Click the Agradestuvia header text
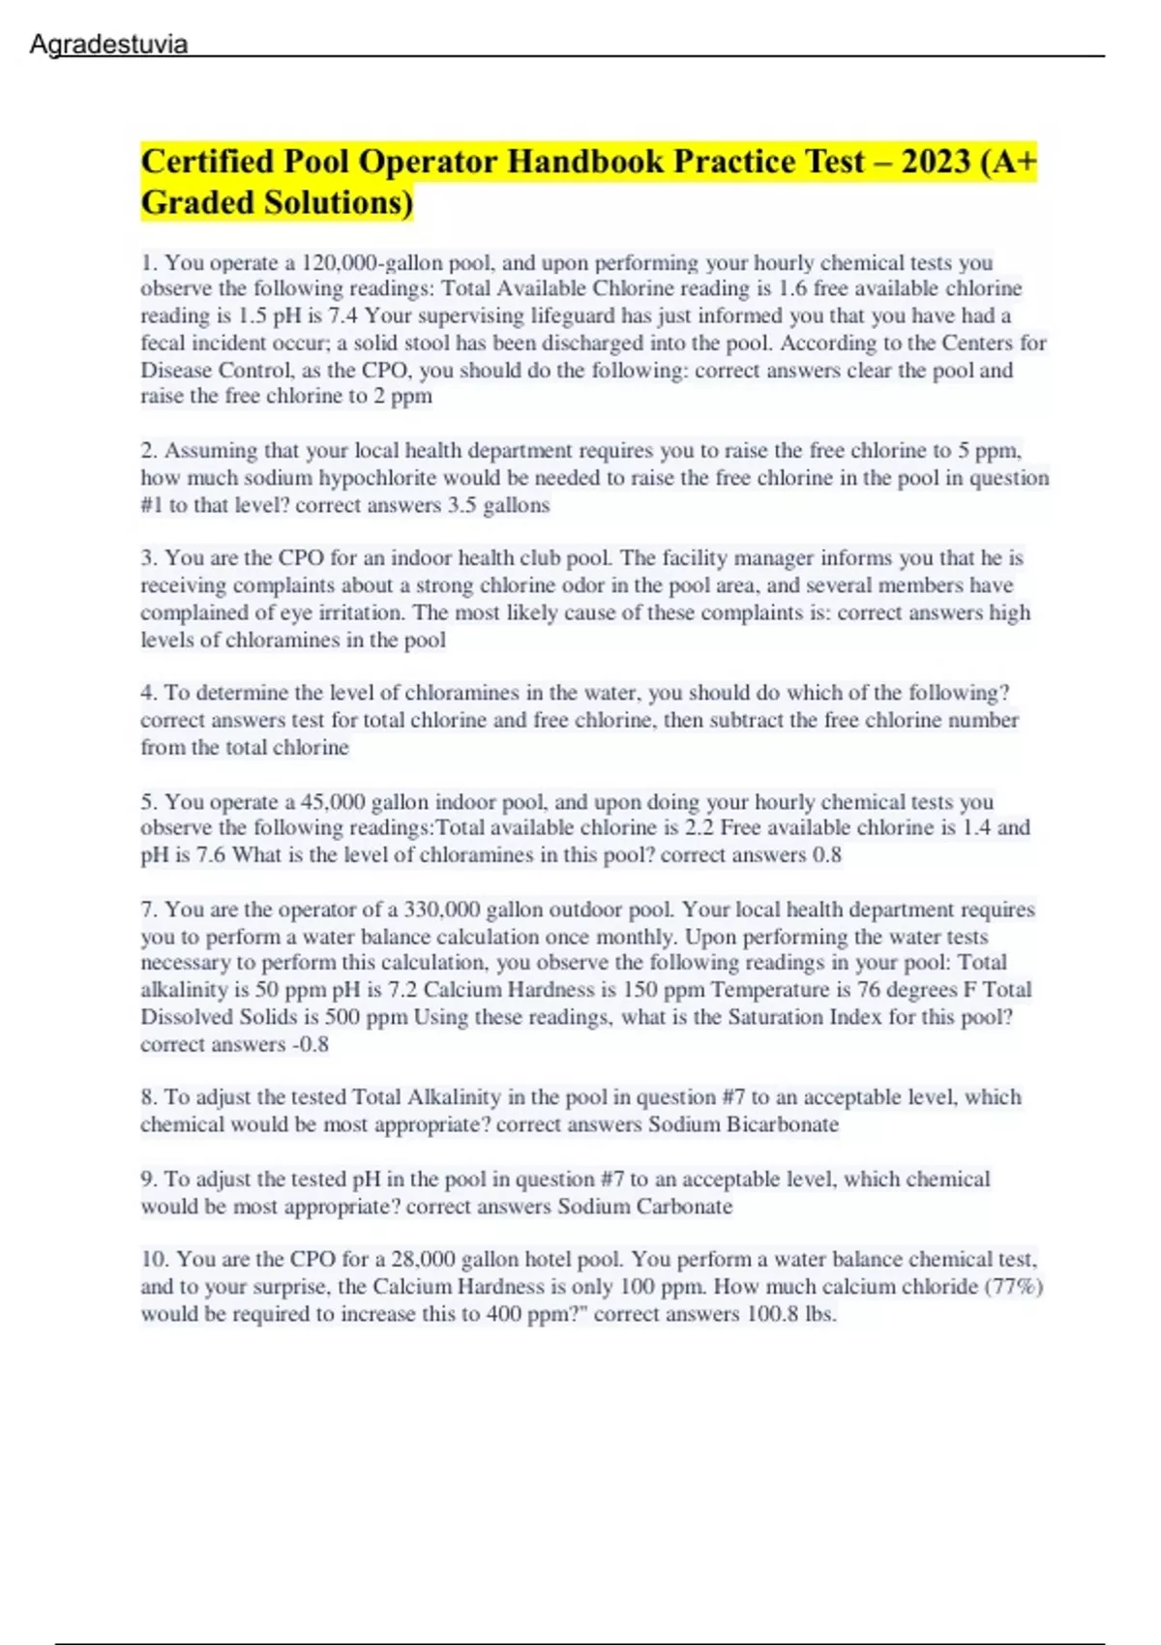pyautogui.click(x=108, y=45)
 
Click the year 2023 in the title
pyautogui.click(x=936, y=161)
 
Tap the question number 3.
pyautogui.click(x=148, y=558)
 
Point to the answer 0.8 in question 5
pyautogui.click(x=827, y=855)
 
